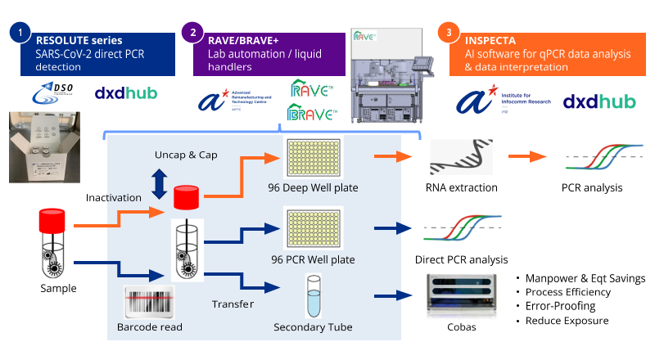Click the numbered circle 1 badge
(20, 33)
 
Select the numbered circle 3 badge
(448, 33)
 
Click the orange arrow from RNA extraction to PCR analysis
(529, 156)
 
